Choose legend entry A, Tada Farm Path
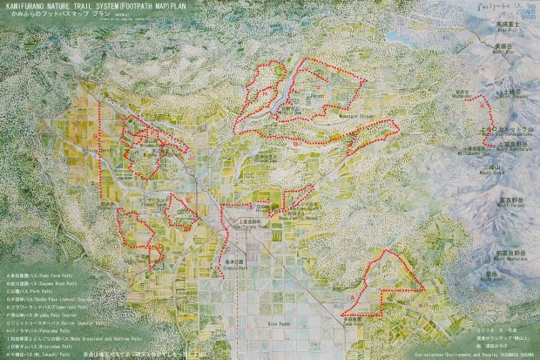point(39,273)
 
